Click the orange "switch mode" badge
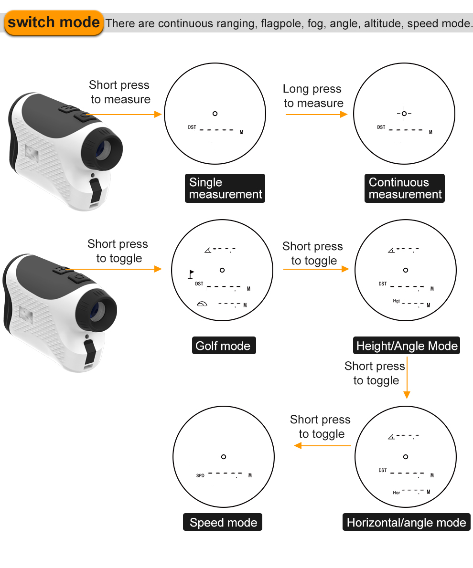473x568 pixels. point(54,22)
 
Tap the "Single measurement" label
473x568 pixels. point(225,189)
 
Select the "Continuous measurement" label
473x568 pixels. point(405,189)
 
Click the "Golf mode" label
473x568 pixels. point(223,346)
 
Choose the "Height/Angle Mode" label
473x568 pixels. point(407,346)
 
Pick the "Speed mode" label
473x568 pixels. point(223,522)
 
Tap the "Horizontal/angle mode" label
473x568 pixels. point(406,522)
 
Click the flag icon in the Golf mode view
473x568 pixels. point(191,274)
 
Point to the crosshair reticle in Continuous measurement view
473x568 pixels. point(404,114)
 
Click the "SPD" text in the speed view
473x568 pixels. point(200,476)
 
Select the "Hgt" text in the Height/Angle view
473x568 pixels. point(396,301)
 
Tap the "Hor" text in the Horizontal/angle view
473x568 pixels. point(396,493)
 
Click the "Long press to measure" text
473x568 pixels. point(313,96)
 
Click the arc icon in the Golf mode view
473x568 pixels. point(202,304)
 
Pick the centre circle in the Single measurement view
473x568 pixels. point(215,114)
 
